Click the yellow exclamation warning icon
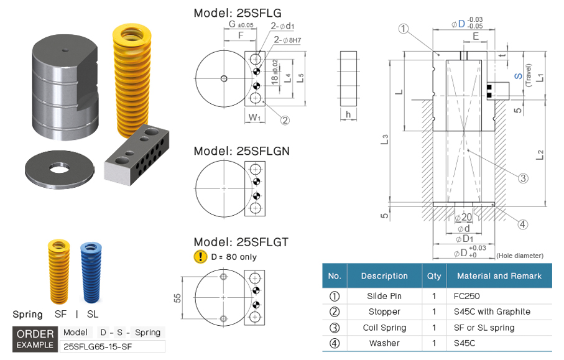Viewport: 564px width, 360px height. click(x=200, y=256)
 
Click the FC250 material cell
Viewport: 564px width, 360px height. click(x=467, y=296)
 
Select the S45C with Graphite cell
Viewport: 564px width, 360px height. click(x=492, y=312)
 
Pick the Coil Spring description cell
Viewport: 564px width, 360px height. click(x=384, y=328)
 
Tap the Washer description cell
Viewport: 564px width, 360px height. click(x=384, y=343)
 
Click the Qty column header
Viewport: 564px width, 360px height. click(x=433, y=275)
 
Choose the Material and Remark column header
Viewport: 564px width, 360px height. click(x=499, y=275)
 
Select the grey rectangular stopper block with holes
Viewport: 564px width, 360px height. click(x=137, y=162)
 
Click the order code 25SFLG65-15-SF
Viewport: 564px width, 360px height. click(x=99, y=346)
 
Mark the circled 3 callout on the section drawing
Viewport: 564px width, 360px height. click(x=523, y=178)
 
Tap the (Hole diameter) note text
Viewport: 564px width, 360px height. click(x=520, y=255)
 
